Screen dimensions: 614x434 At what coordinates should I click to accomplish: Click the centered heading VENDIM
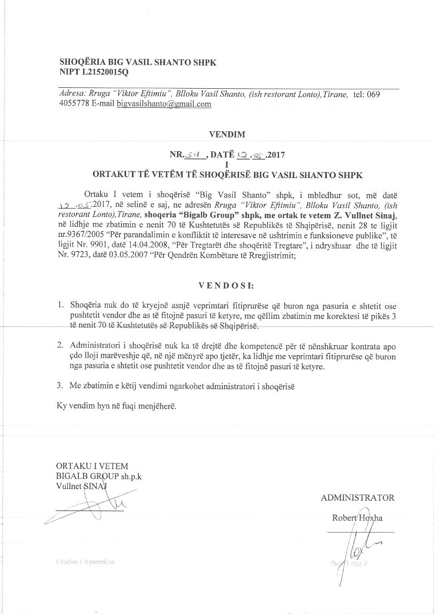pyautogui.click(x=227, y=134)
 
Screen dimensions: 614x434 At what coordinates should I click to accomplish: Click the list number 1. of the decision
pyautogui.click(x=60, y=304)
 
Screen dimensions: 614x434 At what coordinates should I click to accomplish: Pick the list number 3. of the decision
pyautogui.click(x=60, y=386)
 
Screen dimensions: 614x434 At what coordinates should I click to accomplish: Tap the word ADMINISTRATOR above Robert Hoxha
pyautogui.click(x=357, y=498)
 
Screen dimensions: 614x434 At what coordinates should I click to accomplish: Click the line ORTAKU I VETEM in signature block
pyautogui.click(x=92, y=466)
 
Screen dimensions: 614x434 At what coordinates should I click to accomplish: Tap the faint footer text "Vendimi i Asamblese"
pyautogui.click(x=85, y=562)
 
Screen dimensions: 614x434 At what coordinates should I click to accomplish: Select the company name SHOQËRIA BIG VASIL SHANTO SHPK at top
pyautogui.click(x=138, y=61)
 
